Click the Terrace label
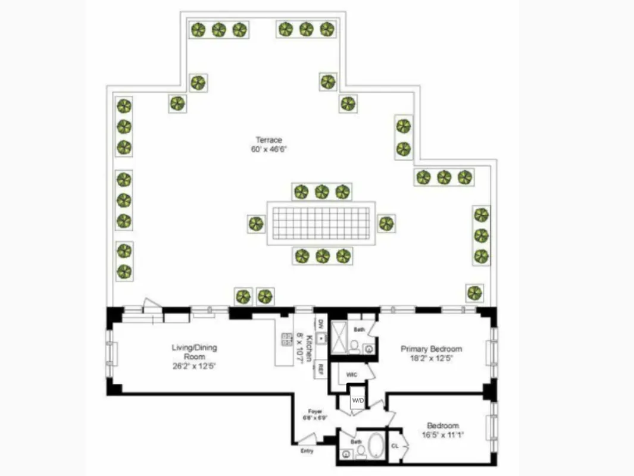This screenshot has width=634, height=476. tap(269, 140)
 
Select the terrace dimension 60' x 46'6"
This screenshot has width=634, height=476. tap(269, 150)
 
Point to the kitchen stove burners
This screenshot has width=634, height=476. tap(286, 339)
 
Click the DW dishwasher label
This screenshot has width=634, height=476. tap(320, 324)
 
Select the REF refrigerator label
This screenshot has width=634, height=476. tap(320, 369)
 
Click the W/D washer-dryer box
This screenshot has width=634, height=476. tap(358, 400)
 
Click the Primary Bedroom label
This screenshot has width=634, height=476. tap(431, 349)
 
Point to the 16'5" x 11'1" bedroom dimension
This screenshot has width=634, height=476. tap(442, 435)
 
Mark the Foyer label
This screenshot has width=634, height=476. tap(314, 411)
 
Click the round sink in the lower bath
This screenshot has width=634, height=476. tap(346, 453)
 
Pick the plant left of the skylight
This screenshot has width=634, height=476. tap(256, 224)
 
